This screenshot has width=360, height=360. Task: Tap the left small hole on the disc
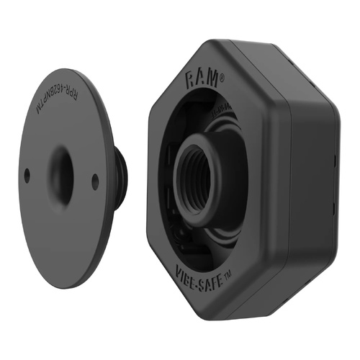(27, 175)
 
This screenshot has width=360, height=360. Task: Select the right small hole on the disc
(95, 183)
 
